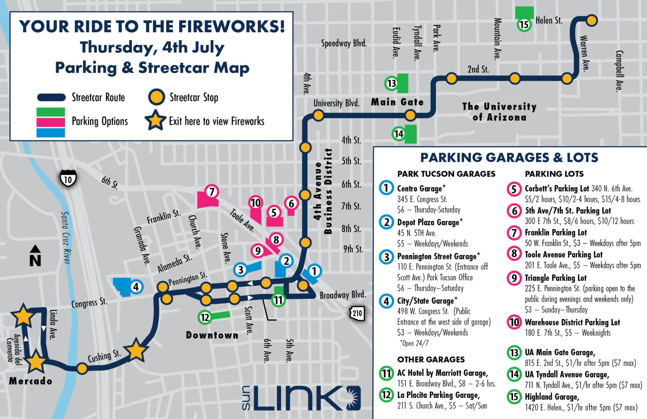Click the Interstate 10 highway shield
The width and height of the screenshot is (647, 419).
[x=68, y=179]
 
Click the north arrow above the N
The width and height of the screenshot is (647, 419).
[x=35, y=249]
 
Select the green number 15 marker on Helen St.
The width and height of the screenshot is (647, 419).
[x=524, y=25]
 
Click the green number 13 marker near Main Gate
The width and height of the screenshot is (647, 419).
[x=391, y=84]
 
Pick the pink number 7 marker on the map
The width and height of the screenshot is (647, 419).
[x=212, y=192]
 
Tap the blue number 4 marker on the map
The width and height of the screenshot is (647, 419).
[x=136, y=286]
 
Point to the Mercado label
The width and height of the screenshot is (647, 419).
[x=31, y=381]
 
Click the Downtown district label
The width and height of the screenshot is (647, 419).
[x=212, y=335]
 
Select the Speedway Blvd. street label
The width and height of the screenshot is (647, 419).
[x=344, y=43]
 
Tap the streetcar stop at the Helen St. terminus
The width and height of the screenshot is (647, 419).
[x=592, y=20]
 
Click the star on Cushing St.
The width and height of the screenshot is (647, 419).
[x=136, y=351]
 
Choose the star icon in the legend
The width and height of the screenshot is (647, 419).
[x=155, y=121]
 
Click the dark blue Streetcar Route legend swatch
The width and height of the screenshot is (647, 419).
[x=51, y=97]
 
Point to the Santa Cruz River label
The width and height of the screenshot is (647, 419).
[x=66, y=237]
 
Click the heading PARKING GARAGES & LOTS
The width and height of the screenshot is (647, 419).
[x=509, y=157]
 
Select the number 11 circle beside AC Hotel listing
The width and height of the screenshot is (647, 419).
[x=386, y=374]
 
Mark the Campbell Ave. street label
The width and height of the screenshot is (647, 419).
[x=619, y=71]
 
